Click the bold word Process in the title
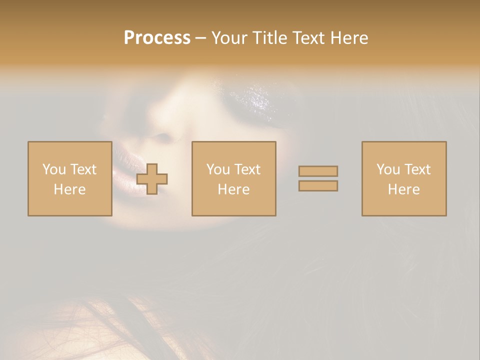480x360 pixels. pyautogui.click(x=157, y=38)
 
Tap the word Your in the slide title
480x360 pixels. pyautogui.click(x=230, y=38)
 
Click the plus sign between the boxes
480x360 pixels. pyautogui.click(x=152, y=178)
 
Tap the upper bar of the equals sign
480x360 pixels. pyautogui.click(x=318, y=171)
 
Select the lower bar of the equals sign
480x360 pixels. pyautogui.click(x=318, y=185)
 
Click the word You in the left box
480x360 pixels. pyautogui.click(x=54, y=169)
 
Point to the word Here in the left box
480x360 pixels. pyautogui.click(x=69, y=189)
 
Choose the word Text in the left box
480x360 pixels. pyautogui.click(x=83, y=169)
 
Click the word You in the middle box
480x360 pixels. pyautogui.click(x=218, y=169)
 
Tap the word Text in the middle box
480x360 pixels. pyautogui.click(x=247, y=169)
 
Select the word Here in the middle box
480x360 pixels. pyautogui.click(x=233, y=189)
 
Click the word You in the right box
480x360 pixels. pyautogui.click(x=388, y=169)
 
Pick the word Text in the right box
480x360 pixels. pyautogui.click(x=417, y=169)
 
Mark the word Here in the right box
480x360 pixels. pyautogui.click(x=403, y=189)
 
